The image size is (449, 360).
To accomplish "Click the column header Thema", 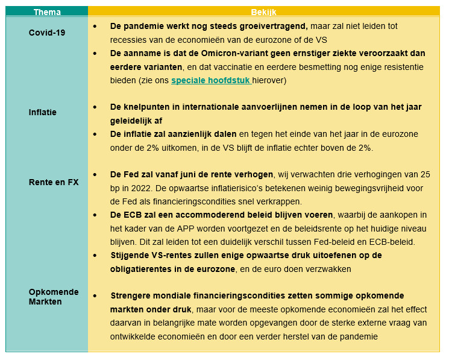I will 46,11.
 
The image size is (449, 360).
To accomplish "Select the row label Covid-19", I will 46,33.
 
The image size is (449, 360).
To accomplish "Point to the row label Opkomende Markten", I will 54,297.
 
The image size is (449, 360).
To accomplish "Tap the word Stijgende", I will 130,256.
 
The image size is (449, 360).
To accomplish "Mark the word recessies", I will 130,40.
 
